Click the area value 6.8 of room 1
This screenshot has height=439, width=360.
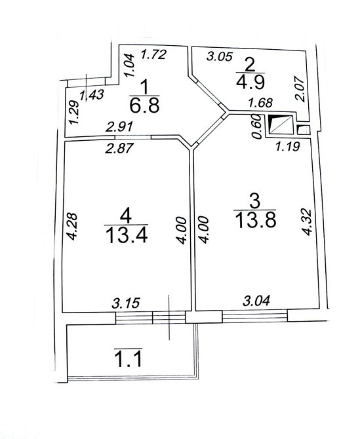(144, 105)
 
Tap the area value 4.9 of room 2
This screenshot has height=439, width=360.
(250, 82)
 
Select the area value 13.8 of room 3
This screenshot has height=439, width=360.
(256, 220)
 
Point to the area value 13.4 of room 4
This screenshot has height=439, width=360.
(127, 235)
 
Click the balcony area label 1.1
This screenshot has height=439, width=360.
(129, 360)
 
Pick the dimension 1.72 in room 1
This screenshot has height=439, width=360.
(153, 54)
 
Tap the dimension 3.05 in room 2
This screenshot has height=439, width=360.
(220, 56)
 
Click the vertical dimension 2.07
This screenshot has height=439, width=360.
(300, 89)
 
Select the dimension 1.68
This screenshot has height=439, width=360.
(260, 102)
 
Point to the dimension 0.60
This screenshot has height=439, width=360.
(257, 127)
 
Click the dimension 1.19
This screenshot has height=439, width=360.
(288, 146)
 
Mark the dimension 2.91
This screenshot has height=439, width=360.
(119, 127)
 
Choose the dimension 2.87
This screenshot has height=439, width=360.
(118, 148)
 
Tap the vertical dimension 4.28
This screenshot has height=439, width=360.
(72, 227)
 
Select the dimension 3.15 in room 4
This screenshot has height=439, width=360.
(126, 303)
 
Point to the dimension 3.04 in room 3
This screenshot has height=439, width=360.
(256, 300)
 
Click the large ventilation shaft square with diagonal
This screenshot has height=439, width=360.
(281, 124)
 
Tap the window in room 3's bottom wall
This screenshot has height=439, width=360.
(255, 316)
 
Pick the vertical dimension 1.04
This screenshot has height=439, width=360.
(130, 66)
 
